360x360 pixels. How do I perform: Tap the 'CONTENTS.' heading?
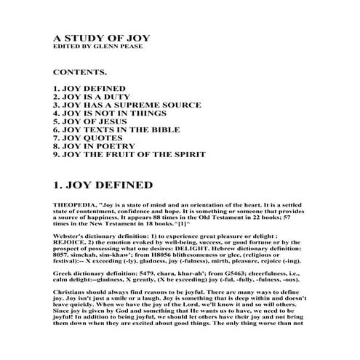click(x=80, y=74)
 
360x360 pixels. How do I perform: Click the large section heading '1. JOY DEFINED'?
click(x=103, y=185)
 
